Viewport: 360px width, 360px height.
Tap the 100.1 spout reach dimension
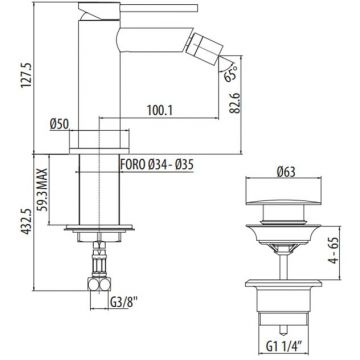tap(160, 111)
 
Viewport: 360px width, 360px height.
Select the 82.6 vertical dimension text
tap(236, 100)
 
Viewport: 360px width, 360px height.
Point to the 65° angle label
tap(230, 73)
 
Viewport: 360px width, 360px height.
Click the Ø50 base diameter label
tap(59, 124)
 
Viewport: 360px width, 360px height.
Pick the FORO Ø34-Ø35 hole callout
tap(157, 165)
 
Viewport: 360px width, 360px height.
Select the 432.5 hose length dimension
tap(27, 222)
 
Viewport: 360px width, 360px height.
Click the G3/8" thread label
tap(123, 303)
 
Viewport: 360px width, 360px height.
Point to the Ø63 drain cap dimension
tap(286, 172)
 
